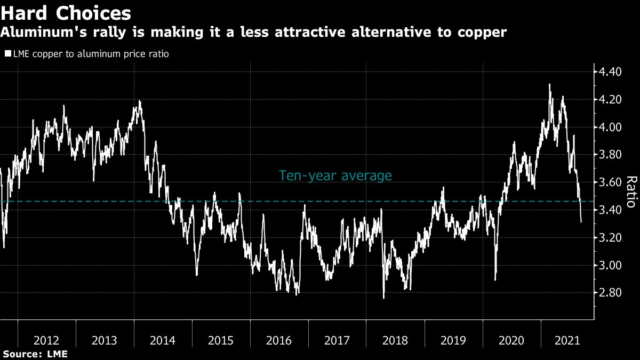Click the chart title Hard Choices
66,12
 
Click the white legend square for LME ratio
7,54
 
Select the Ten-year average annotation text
335,176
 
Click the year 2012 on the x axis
46,340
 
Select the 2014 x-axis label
163,340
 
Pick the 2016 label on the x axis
279,340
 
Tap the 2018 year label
395,340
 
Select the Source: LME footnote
35,354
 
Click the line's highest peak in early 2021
549,84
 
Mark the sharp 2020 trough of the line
495,279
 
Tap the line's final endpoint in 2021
581,222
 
